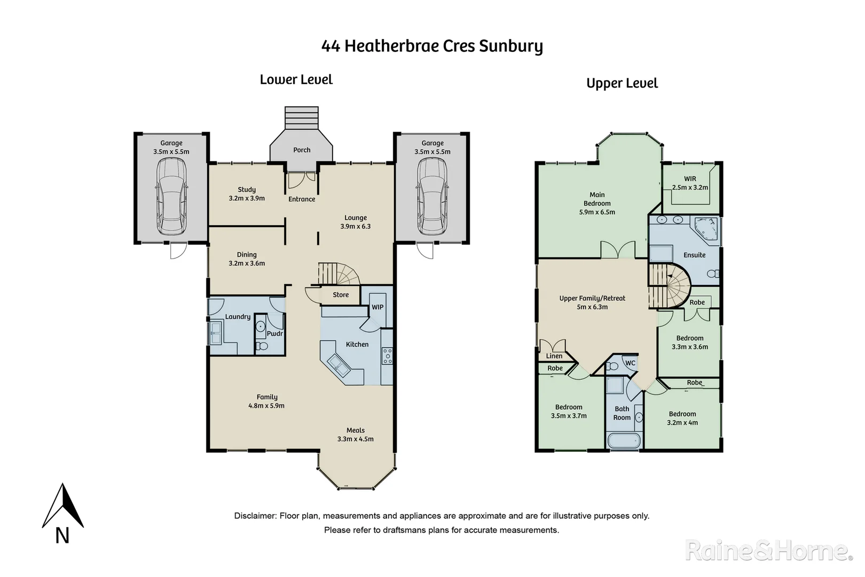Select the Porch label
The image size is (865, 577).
[302, 150]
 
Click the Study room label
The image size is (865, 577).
[247, 190]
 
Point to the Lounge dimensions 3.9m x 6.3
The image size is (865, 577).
[356, 227]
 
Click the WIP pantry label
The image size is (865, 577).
[378, 307]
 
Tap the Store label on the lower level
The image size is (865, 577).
[341, 295]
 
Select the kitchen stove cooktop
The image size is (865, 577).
[387, 356]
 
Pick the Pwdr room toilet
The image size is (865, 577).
[262, 346]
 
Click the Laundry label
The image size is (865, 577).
[238, 317]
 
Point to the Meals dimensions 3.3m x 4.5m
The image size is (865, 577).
[356, 439]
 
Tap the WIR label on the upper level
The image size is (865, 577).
[690, 179]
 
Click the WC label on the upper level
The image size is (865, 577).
[630, 363]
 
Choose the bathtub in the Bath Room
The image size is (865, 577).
[624, 441]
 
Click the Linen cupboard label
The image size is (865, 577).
[554, 356]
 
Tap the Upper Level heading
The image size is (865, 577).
[622, 83]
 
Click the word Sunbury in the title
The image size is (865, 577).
[510, 46]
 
